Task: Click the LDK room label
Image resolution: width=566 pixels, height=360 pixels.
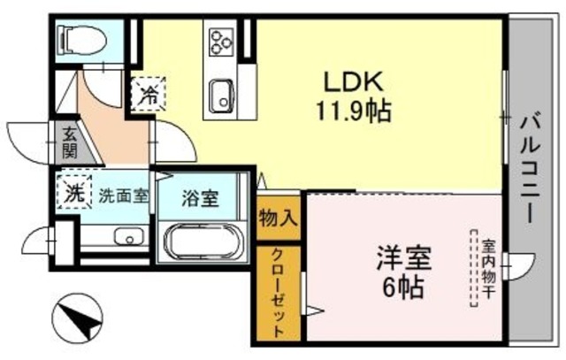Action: (x=351, y=82)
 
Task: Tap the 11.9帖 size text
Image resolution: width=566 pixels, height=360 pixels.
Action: (x=351, y=112)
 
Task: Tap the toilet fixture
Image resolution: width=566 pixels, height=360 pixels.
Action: (x=80, y=39)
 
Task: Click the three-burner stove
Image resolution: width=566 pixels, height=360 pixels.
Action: (x=219, y=41)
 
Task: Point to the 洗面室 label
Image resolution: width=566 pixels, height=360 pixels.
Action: (x=123, y=195)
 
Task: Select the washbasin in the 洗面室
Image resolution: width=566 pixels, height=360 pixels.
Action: (x=130, y=236)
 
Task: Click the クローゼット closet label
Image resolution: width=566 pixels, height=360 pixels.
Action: (x=278, y=292)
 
